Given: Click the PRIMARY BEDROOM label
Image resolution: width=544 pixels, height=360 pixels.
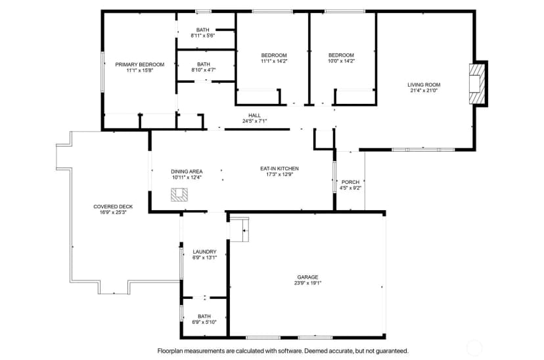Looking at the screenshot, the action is pyautogui.click(x=139, y=64).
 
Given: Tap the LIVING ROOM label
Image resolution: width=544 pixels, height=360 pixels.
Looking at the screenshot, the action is pyautogui.click(x=424, y=85).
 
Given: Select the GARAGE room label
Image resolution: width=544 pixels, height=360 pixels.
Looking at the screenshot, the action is pyautogui.click(x=307, y=277).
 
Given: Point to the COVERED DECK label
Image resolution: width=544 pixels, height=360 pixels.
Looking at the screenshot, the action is pyautogui.click(x=113, y=207).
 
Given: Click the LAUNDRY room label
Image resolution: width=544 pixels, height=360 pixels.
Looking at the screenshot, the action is pyautogui.click(x=204, y=252).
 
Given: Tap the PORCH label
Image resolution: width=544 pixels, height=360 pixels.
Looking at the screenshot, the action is pyautogui.click(x=350, y=182).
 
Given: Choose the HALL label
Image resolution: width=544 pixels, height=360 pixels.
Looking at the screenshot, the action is pyautogui.click(x=254, y=116).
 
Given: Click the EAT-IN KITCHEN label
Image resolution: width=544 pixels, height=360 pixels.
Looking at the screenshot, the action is pyautogui.click(x=279, y=169).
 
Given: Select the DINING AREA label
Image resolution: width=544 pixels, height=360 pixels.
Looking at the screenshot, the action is pyautogui.click(x=187, y=171).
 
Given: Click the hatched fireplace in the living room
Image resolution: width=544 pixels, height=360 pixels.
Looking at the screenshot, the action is pyautogui.click(x=475, y=83).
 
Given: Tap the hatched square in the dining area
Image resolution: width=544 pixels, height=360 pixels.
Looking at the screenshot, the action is pyautogui.click(x=179, y=194).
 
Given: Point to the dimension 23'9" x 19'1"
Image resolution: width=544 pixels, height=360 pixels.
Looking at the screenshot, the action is pyautogui.click(x=307, y=283).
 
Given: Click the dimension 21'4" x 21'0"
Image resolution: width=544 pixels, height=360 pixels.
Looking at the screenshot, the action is pyautogui.click(x=424, y=91).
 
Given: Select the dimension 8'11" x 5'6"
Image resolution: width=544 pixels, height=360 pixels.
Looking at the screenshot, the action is pyautogui.click(x=203, y=35).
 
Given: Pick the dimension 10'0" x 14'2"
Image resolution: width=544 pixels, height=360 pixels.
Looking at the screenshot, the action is pyautogui.click(x=341, y=61).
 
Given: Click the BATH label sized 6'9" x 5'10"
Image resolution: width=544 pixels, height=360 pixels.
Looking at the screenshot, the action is pyautogui.click(x=204, y=316).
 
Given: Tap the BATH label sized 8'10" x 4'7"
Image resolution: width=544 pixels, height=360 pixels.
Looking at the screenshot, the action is pyautogui.click(x=203, y=64).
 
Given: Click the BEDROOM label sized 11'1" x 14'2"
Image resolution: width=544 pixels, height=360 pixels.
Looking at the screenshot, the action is pyautogui.click(x=274, y=55).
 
